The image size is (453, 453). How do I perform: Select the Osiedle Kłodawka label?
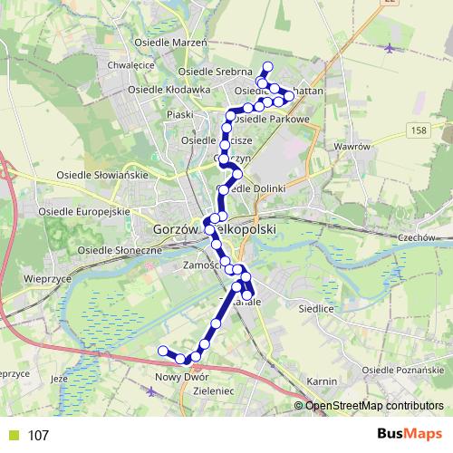(x=182, y=90)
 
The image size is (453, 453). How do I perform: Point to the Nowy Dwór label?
(x=182, y=377)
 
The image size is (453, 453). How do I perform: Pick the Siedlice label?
(x=316, y=308)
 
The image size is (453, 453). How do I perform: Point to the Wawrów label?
(x=352, y=146)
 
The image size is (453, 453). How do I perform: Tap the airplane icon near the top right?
(x=390, y=47)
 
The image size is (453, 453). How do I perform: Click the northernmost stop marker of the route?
(x=267, y=66)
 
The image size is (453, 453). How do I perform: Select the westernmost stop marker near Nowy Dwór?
(x=163, y=351)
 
